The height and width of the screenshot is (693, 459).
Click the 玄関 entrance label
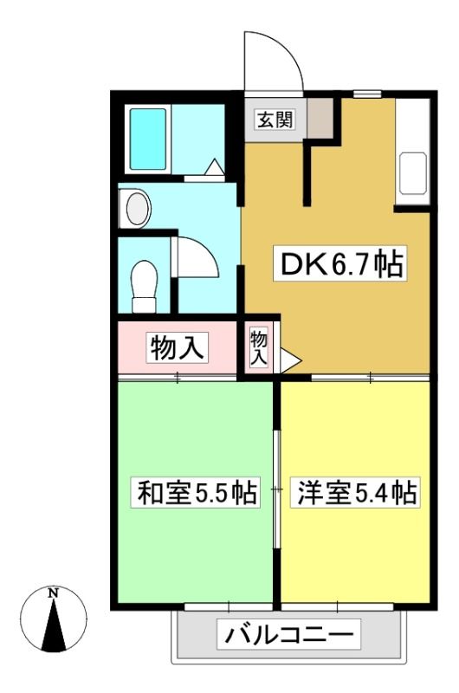pyautogui.click(x=275, y=120)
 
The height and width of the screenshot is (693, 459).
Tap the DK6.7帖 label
pyautogui.click(x=339, y=264)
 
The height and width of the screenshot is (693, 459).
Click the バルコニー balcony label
pyautogui.click(x=289, y=635)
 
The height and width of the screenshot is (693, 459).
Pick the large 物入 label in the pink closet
pyautogui.click(x=178, y=347)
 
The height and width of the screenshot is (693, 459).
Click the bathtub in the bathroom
pyautogui.click(x=148, y=139)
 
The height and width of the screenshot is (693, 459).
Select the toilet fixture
pyautogui.click(x=144, y=286)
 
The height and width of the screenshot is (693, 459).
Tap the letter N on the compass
pyautogui.click(x=54, y=593)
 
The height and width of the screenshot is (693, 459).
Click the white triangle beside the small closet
pyautogui.click(x=290, y=360)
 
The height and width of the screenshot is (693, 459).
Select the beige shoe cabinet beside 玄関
pyautogui.click(x=320, y=118)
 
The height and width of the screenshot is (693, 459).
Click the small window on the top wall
pyautogui.click(x=367, y=94)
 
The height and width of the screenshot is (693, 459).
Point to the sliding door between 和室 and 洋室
pyautogui.click(x=276, y=489)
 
